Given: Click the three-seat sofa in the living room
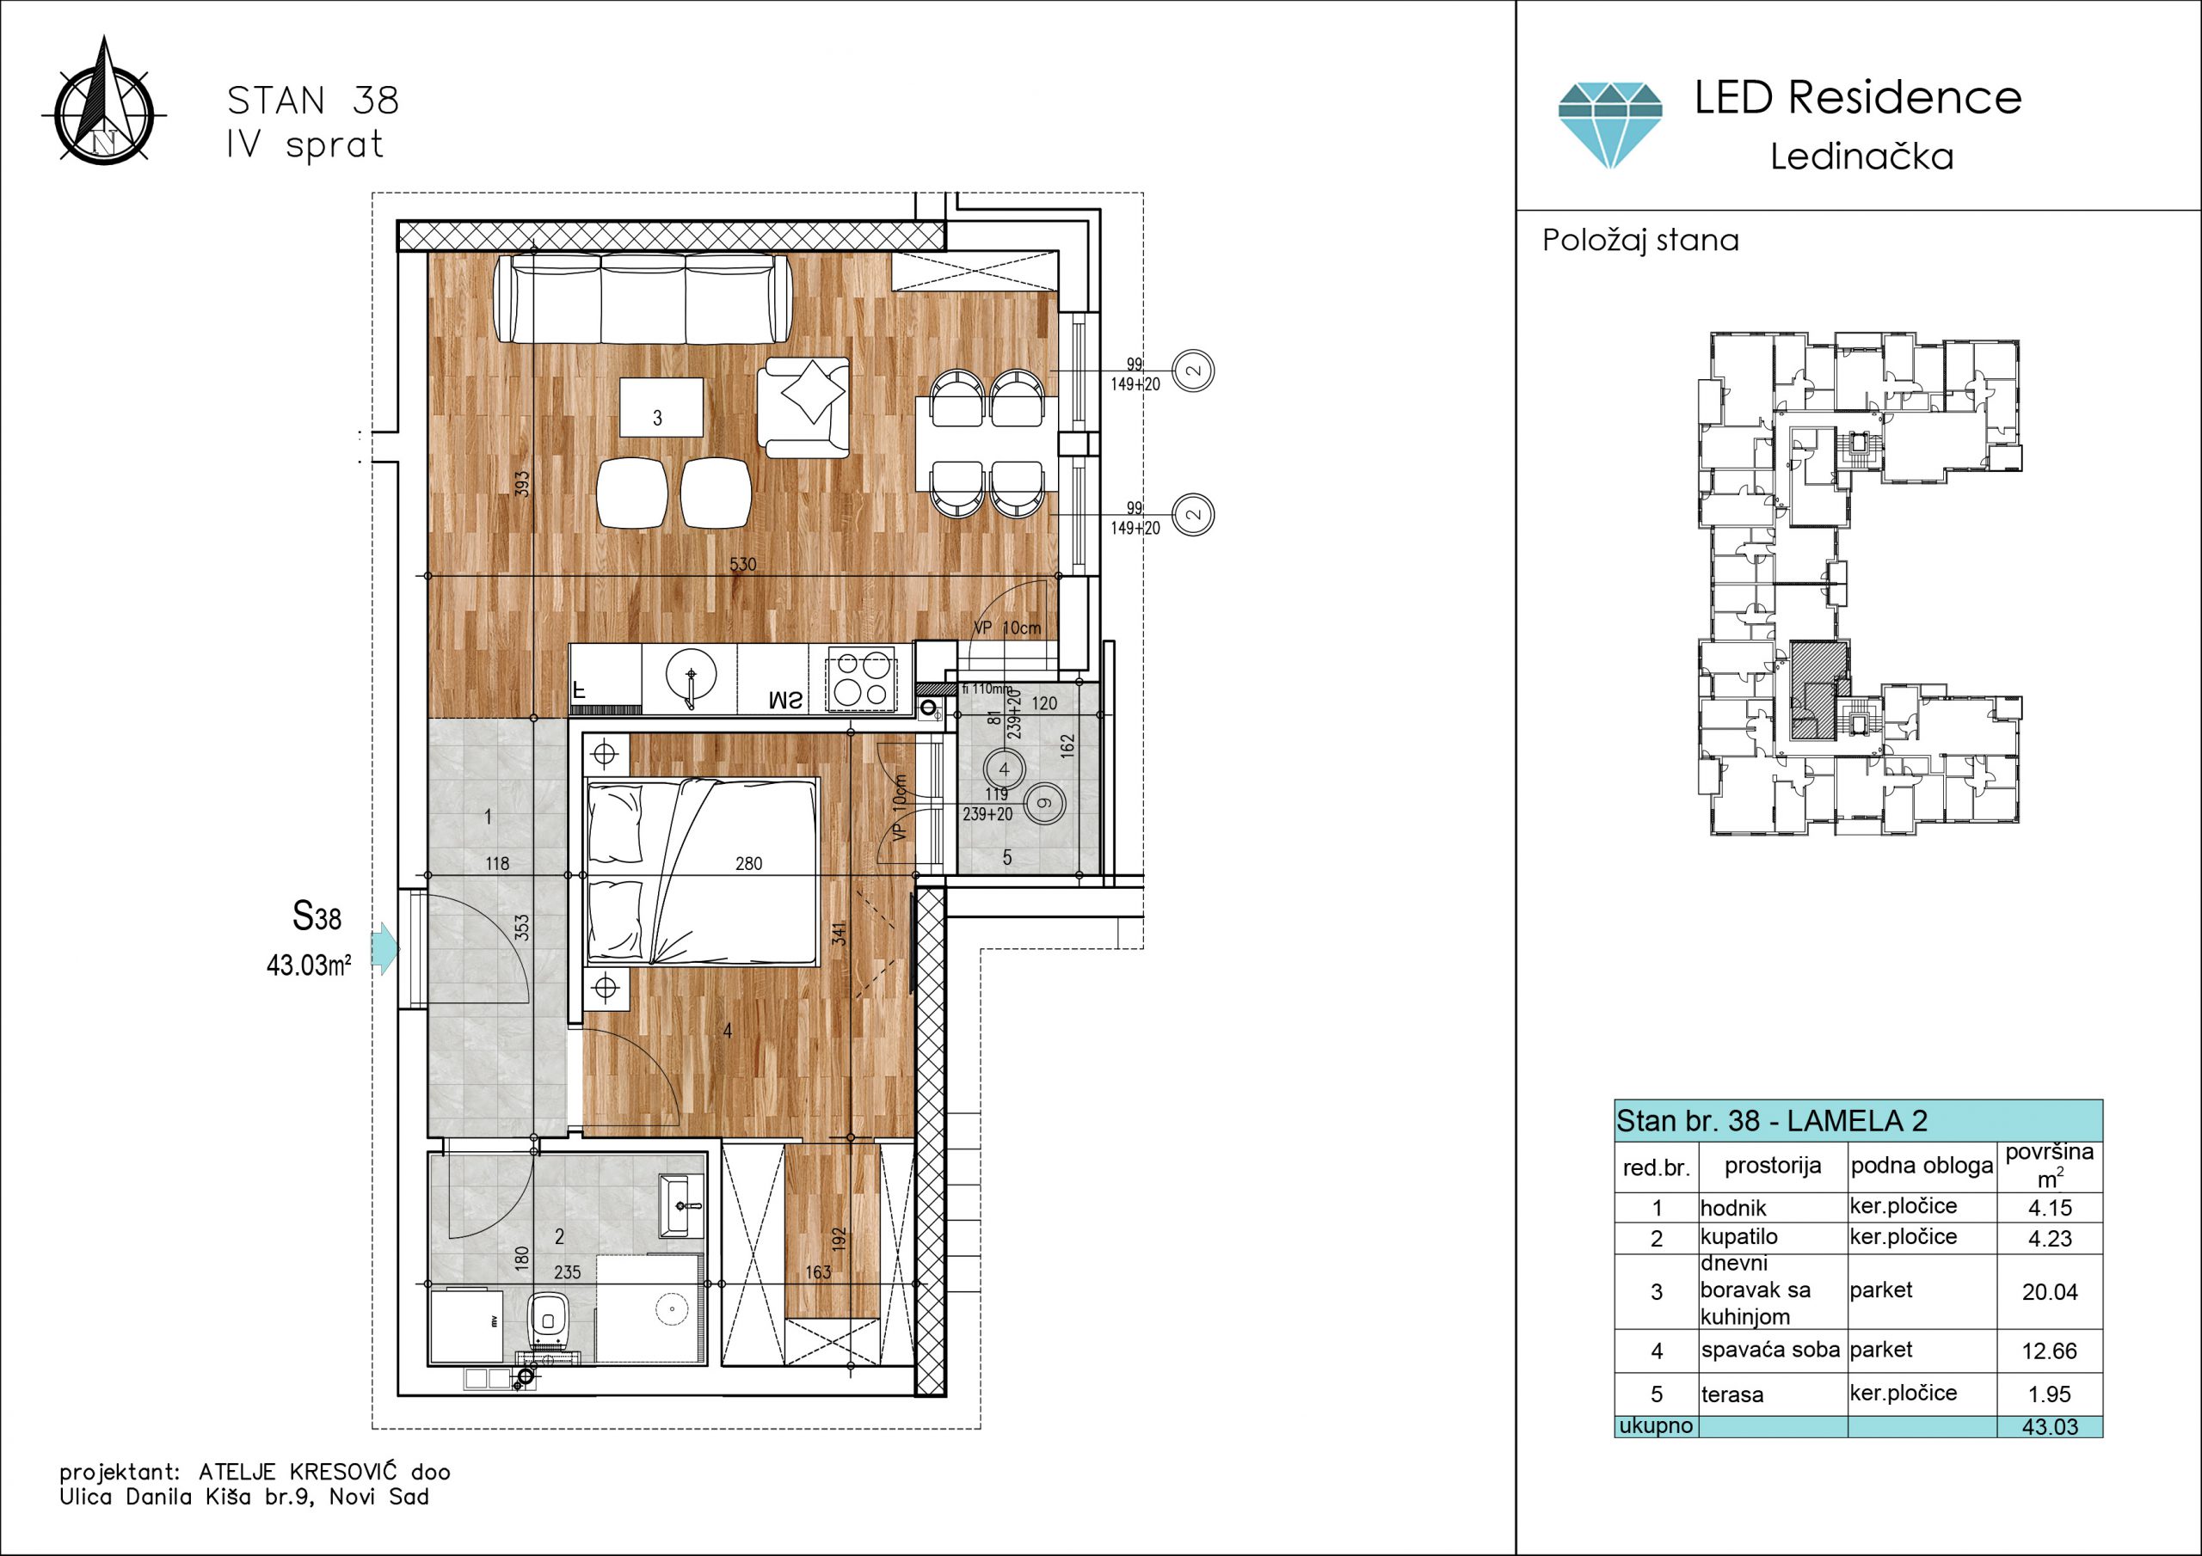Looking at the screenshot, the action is point(643,298).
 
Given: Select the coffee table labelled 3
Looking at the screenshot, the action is point(661,407).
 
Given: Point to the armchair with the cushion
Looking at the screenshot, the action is point(803,407).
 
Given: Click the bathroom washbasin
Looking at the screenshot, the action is point(682,1206).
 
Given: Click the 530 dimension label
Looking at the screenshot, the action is point(742,565).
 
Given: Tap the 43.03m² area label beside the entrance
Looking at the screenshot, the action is point(309,965).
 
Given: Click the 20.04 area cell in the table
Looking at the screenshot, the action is point(2050,1291).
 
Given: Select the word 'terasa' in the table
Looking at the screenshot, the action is point(1732,1395).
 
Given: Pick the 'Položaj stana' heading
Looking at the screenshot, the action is point(1640,240).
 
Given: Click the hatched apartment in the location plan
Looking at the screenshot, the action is point(1818,690).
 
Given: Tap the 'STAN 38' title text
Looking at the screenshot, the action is point(312,100).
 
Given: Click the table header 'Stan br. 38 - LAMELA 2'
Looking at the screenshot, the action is point(1771,1120).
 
